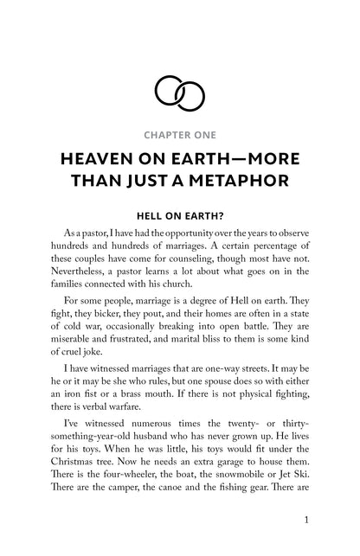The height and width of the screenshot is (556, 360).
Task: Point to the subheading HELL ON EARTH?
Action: [179, 218]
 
